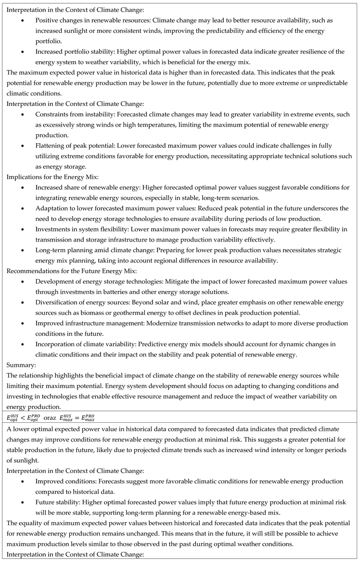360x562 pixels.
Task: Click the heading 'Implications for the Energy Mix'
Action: coord(43,177)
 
